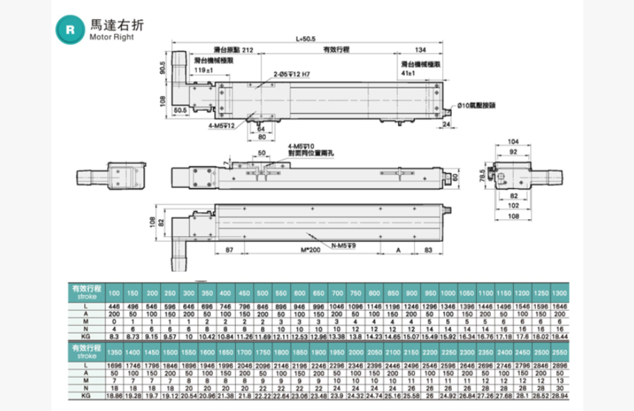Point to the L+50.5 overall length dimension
click(x=304, y=40)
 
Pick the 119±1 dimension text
click(x=203, y=70)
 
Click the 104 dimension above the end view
click(x=514, y=140)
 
